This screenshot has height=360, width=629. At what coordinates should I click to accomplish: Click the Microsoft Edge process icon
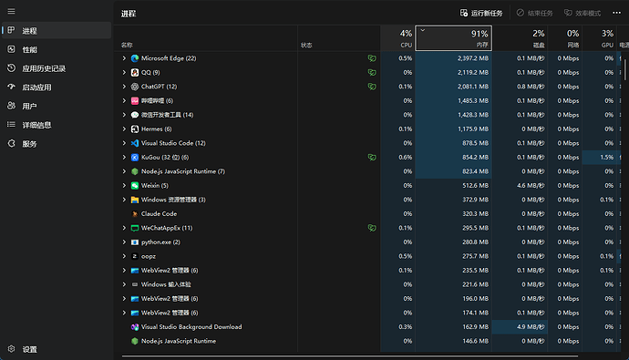[x=135, y=58]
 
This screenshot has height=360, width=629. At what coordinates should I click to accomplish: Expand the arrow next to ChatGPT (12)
[x=124, y=87]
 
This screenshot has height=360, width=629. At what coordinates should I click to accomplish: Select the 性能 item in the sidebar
[x=30, y=50]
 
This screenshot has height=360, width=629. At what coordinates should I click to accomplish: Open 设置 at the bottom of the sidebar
[x=30, y=349]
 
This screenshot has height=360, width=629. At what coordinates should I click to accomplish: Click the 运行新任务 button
[x=481, y=14]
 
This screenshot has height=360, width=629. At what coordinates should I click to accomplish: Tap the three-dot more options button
[x=616, y=13]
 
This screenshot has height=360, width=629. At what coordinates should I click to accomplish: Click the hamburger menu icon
[x=11, y=11]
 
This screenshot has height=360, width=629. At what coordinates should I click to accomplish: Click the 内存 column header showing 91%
[x=454, y=38]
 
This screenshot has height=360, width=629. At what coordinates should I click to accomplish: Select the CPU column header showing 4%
[x=397, y=38]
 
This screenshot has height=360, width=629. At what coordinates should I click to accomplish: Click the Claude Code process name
[x=159, y=213]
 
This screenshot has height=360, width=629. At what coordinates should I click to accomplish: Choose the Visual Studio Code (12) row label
[x=173, y=143]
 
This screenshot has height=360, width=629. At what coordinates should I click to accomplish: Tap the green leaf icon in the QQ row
[x=372, y=73]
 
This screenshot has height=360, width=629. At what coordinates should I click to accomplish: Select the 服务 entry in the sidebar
[x=29, y=144]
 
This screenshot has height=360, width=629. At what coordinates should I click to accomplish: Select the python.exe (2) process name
[x=160, y=242]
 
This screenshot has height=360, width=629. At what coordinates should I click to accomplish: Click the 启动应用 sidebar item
[x=36, y=87]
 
